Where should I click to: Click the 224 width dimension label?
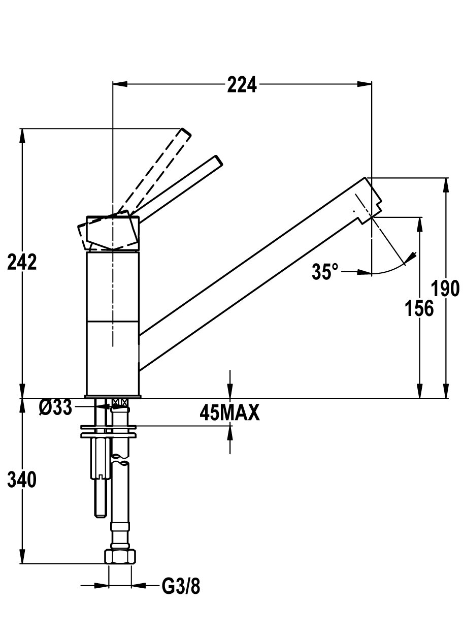coord(242,85)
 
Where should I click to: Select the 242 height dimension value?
coord(22,262)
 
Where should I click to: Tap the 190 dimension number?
coord(445,289)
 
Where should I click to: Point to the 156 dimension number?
coord(419,308)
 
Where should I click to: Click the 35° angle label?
coord(325,271)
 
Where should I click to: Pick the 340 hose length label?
coord(22,480)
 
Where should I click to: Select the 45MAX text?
coord(229,412)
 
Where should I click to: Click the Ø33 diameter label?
coord(56,408)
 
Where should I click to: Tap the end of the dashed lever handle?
coord(186,134)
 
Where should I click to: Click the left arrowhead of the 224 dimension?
coord(120,84)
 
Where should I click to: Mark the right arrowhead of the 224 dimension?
coord(365,84)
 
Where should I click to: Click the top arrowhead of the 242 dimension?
coord(22,136)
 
